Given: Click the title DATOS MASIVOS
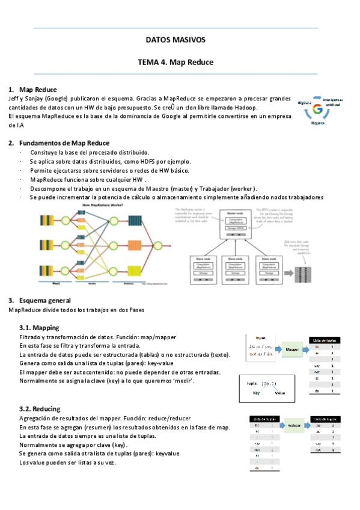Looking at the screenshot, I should (x=175, y=40).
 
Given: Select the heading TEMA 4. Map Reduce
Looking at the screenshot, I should (x=175, y=62).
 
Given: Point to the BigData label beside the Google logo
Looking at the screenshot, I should (x=305, y=103).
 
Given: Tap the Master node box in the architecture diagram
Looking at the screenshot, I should (x=235, y=222).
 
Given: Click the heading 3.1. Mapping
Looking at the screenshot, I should (x=39, y=328).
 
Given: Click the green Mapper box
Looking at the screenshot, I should (x=292, y=349).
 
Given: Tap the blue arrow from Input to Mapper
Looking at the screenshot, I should (x=279, y=349).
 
